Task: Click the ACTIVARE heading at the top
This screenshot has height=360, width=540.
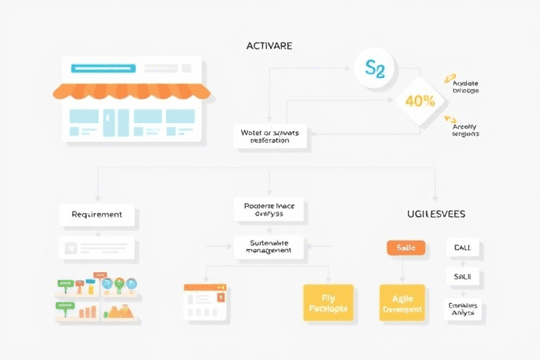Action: click(269, 46)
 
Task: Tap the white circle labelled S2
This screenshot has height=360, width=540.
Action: click(375, 69)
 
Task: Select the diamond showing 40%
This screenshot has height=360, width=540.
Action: click(420, 101)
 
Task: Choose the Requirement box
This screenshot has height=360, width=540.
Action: click(96, 214)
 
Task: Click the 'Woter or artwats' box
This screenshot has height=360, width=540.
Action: click(270, 136)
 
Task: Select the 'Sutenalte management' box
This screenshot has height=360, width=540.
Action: click(269, 247)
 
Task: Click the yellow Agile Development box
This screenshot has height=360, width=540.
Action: click(401, 303)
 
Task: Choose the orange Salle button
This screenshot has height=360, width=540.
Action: click(406, 248)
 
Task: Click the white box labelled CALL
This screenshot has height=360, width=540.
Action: click(463, 247)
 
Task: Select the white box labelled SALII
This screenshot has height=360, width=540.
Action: click(463, 277)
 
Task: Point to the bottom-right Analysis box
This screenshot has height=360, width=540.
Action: click(463, 309)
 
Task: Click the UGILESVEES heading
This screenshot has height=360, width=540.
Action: click(436, 213)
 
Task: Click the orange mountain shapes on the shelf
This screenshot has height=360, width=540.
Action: click(121, 310)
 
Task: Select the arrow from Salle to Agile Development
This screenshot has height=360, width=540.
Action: click(403, 269)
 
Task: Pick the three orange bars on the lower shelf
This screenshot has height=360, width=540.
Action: click(89, 311)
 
